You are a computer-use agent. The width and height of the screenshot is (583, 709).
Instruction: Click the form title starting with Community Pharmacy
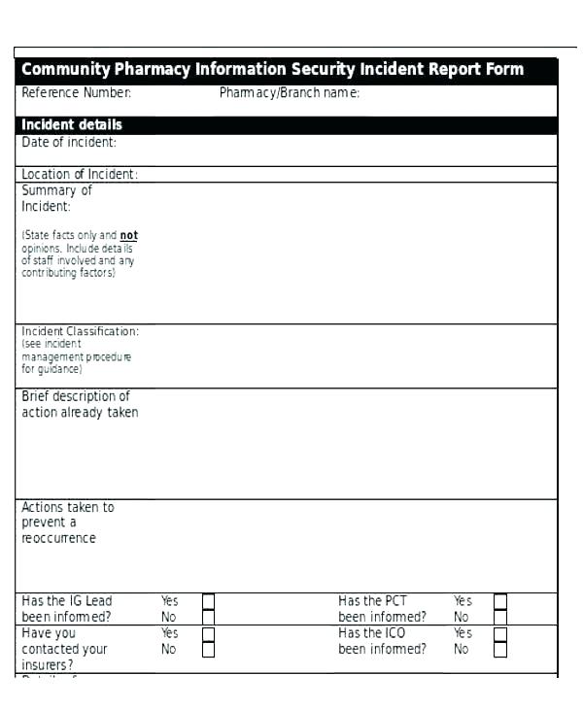point(272,70)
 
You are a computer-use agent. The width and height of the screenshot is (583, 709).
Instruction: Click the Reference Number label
point(77,93)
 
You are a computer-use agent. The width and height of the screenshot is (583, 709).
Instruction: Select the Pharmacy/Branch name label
point(290,93)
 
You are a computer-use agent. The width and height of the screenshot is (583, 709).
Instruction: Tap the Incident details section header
point(72,125)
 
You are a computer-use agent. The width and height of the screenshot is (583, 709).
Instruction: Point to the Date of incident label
point(69,143)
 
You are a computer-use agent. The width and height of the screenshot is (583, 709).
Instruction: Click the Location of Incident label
point(80,175)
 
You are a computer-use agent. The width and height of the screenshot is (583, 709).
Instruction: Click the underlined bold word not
point(129,235)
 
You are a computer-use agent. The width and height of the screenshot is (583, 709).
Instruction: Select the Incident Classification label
point(81,332)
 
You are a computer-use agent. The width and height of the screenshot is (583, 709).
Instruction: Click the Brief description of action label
point(80,404)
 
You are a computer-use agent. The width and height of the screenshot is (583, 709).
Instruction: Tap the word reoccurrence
point(59,538)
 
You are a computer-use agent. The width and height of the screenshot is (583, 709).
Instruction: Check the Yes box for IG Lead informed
point(208,601)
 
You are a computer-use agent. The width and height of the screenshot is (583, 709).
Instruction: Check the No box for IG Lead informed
point(208,617)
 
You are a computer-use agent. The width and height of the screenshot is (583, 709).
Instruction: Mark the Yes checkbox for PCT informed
point(499,601)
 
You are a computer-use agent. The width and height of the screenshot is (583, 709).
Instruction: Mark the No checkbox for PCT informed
point(499,617)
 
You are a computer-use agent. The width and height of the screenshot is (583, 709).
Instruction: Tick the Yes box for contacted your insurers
point(208,633)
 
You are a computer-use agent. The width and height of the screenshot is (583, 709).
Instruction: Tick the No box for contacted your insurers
point(208,649)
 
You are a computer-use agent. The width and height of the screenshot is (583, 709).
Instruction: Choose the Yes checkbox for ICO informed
point(499,633)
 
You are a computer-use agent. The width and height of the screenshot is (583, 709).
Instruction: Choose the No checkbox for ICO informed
point(499,649)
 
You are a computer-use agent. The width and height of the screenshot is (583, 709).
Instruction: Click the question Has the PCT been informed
point(382,609)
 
